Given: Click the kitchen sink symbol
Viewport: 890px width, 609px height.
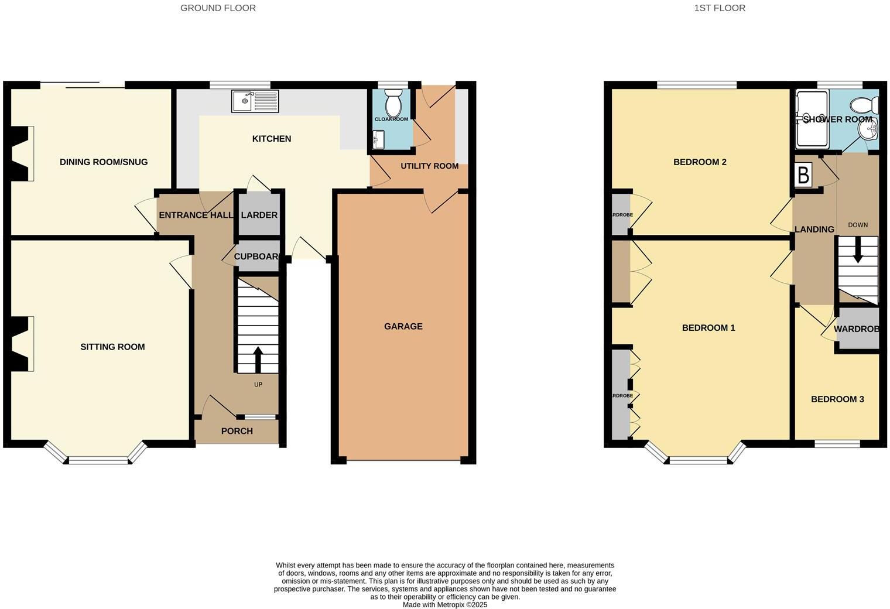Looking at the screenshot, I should [255, 101].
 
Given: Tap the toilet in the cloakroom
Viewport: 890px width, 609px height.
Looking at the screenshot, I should [393, 104].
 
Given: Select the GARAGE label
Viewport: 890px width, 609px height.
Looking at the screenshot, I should [403, 327].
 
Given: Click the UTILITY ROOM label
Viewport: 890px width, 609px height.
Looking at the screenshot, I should [429, 166].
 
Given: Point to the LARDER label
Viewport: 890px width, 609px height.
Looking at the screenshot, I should [259, 215].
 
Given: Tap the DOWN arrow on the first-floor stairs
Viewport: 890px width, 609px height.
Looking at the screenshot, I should [858, 252].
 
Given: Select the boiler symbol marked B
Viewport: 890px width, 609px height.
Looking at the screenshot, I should [803, 175].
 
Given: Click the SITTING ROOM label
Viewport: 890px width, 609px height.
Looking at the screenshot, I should [112, 347].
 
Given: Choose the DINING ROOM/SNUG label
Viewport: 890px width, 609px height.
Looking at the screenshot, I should [104, 162].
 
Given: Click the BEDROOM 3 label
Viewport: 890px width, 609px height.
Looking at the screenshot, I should [837, 399].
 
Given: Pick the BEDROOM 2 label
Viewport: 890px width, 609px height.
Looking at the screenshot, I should [700, 162].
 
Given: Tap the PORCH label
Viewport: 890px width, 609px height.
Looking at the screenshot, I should [237, 432].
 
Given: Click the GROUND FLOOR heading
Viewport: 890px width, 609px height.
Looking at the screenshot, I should [218, 8].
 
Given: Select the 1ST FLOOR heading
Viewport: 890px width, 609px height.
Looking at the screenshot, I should [720, 8].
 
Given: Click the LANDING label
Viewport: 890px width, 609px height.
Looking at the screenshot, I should [814, 230].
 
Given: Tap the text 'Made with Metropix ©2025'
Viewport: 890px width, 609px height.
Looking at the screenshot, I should [445, 605].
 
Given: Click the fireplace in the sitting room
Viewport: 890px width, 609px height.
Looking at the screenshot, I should [21, 344].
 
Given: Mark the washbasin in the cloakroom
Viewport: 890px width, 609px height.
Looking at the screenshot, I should [378, 139].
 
